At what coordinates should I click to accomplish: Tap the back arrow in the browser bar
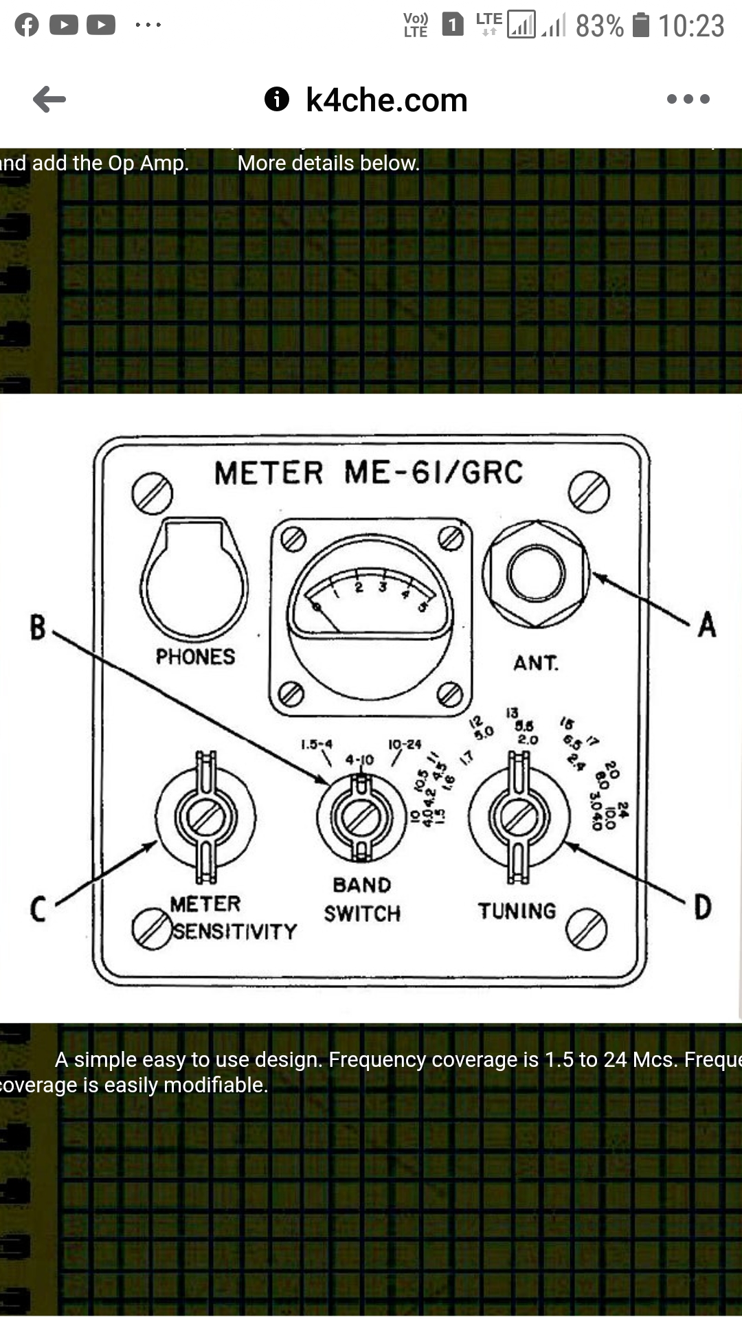tap(49, 100)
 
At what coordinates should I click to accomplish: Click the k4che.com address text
tap(386, 100)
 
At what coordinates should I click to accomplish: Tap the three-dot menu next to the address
tap(688, 99)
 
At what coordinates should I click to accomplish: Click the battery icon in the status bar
tap(640, 25)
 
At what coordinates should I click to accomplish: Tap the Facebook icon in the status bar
tap(27, 25)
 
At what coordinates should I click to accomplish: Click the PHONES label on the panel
tap(195, 657)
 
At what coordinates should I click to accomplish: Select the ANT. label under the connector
tap(536, 663)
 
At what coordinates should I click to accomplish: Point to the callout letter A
tap(707, 625)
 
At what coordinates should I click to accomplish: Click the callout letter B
tap(38, 628)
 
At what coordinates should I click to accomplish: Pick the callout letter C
tap(38, 909)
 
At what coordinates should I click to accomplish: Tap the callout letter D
tap(702, 907)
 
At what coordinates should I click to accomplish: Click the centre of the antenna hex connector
tap(536, 574)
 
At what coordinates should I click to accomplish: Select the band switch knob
tap(361, 817)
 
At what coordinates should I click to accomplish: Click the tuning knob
tap(518, 816)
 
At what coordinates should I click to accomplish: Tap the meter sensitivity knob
tap(205, 817)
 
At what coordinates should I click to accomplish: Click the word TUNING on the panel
tap(517, 911)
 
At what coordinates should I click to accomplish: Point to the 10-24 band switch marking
tap(405, 745)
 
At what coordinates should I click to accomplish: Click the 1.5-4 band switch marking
tap(317, 744)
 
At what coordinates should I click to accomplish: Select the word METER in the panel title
tap(269, 473)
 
